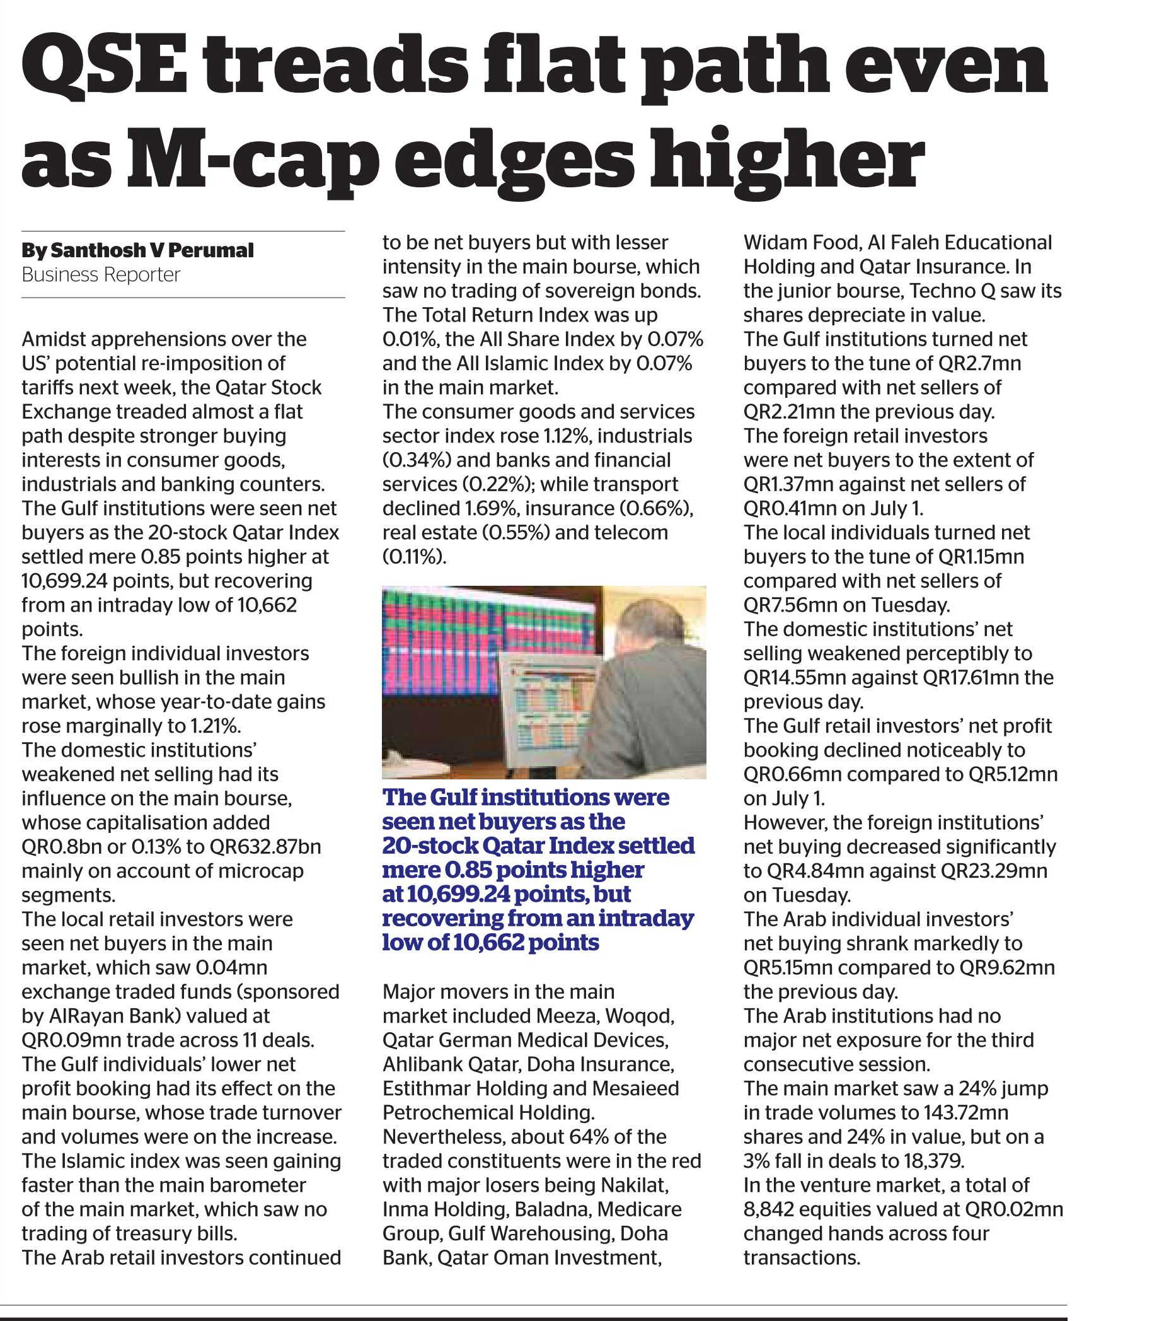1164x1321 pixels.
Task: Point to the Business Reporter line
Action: coord(101,275)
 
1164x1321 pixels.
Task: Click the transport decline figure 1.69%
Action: coord(491,508)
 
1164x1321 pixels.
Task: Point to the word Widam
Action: coord(772,242)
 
